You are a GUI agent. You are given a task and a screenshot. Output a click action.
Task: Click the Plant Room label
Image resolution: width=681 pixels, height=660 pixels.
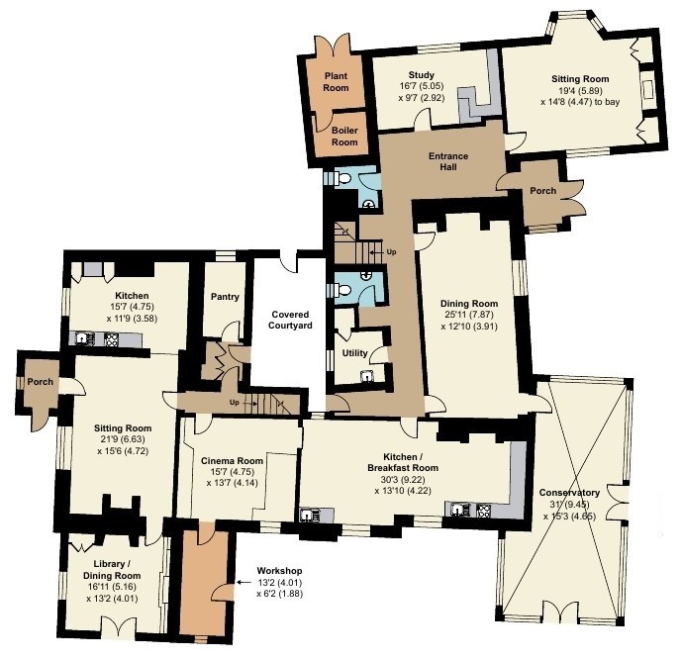336,81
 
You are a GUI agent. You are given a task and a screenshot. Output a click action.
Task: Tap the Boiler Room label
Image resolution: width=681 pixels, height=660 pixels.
344,136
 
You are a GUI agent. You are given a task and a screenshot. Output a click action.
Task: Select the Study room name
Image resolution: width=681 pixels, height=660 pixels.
422,74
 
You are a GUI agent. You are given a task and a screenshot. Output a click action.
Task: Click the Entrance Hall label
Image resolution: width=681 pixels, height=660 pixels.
448,161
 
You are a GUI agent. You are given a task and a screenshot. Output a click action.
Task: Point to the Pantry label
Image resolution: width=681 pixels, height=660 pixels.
225,297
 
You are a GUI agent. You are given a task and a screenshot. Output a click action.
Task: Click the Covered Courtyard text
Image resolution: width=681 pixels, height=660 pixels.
290,320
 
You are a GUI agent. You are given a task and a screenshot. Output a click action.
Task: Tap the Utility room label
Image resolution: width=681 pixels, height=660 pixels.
354,353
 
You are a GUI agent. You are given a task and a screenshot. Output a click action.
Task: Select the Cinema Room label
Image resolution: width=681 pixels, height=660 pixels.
232,461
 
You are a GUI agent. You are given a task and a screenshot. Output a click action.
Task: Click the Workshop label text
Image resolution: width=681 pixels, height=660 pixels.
280,571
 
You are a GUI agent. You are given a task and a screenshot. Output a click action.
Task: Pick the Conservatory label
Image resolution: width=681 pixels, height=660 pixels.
569,493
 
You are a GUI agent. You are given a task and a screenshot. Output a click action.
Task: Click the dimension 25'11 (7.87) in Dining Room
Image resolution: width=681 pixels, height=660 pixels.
469,315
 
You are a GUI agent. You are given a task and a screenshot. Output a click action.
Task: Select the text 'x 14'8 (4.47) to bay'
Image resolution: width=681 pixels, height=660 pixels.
580,102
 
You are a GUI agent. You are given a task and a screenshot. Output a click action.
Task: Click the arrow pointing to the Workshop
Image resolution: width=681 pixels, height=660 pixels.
243,582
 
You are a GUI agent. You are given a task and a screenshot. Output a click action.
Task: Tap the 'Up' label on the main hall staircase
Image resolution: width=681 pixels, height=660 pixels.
391,252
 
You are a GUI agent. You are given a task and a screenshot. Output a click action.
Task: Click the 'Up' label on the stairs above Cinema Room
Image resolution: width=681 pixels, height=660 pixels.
234,403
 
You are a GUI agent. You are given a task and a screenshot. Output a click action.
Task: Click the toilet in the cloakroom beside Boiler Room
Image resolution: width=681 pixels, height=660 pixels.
343,178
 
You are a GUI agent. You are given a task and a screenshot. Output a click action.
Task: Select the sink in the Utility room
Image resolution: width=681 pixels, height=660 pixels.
368,376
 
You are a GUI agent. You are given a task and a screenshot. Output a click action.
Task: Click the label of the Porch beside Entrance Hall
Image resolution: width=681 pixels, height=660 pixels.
542,191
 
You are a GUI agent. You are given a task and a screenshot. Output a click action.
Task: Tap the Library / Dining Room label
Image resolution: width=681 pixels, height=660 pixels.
112,570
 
